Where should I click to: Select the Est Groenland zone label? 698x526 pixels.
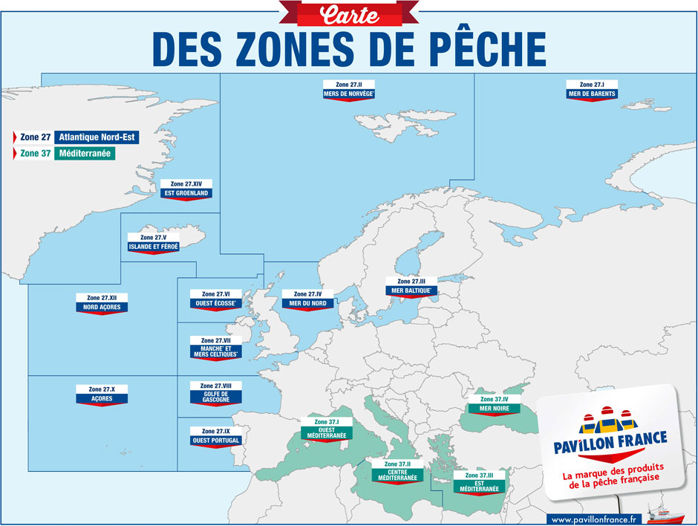[186, 189]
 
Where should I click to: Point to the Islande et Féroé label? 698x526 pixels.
[154, 243]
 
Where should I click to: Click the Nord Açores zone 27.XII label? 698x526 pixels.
[102, 303]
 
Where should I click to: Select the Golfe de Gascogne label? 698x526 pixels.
[216, 393]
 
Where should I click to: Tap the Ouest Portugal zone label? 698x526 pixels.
[216, 437]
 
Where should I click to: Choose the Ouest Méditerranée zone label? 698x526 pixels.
[327, 430]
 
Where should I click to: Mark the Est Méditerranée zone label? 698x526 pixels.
[479, 484]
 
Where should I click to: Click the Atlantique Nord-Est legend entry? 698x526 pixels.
[97, 137]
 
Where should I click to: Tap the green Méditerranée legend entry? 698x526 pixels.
[85, 154]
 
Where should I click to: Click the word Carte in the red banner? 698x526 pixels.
[348, 13]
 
